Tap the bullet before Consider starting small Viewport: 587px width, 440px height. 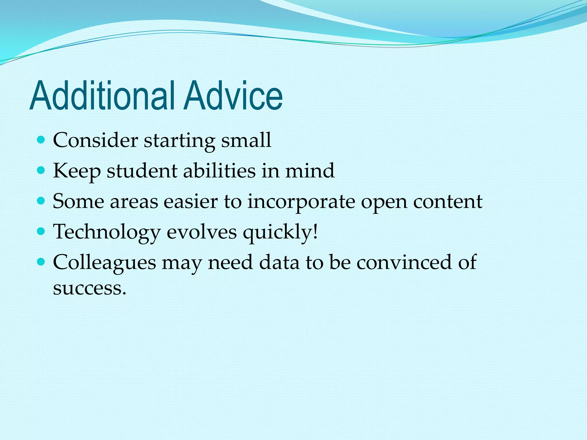(x=42, y=140)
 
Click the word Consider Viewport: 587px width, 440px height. (x=95, y=140)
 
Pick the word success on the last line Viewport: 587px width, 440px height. (x=89, y=288)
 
